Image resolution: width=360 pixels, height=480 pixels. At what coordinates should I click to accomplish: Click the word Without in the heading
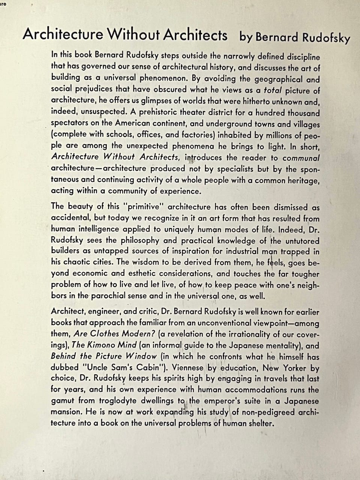click(134, 35)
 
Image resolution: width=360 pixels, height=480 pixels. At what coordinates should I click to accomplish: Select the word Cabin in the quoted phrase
click(150, 367)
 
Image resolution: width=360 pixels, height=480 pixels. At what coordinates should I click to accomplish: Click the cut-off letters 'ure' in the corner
click(3, 4)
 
